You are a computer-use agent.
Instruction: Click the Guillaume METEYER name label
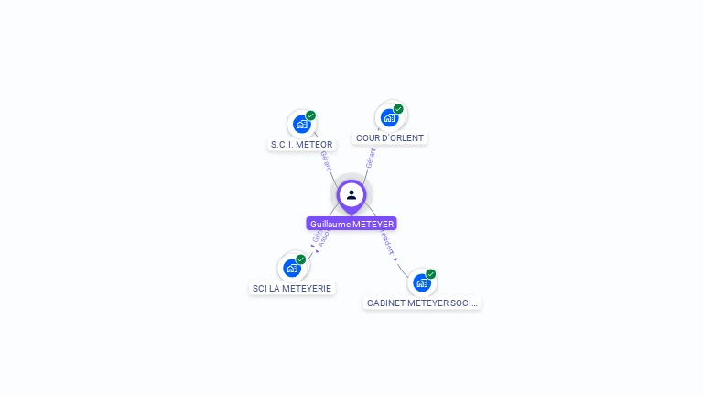351,224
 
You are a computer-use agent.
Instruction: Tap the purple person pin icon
351,194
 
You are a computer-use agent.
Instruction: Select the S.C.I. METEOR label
302,144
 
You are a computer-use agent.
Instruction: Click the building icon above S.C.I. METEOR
301,124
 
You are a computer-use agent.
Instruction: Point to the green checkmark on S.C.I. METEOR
311,115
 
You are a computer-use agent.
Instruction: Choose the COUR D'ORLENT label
390,137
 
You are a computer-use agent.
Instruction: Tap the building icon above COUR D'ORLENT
390,117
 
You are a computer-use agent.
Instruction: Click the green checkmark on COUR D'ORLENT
399,109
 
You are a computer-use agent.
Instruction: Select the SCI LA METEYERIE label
292,288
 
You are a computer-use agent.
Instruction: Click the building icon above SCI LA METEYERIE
292,268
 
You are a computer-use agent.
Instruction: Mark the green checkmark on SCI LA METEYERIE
301,259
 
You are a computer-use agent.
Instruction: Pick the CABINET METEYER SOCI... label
422,302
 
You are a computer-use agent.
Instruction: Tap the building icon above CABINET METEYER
422,282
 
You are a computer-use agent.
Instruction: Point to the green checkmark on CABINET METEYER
431,274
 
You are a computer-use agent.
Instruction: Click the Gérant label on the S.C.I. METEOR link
326,160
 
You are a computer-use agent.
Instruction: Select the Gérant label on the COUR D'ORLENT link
370,159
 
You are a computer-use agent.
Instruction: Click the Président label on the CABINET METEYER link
386,242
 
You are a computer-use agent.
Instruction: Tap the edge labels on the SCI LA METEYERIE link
319,239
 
